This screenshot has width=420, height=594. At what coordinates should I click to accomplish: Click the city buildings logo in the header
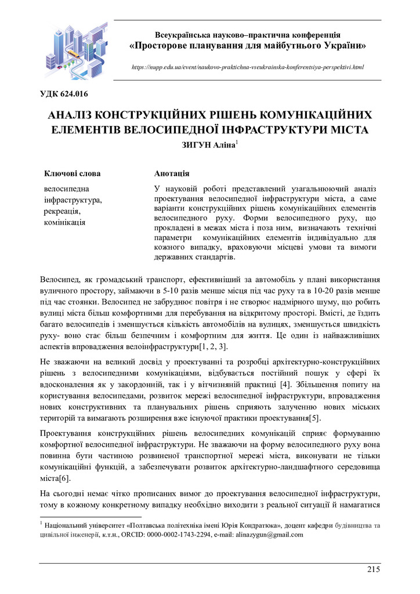pyautogui.click(x=75, y=51)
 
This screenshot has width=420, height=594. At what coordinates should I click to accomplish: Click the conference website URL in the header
pyautogui.click(x=248, y=68)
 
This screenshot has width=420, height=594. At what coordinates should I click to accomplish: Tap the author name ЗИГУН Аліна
pyautogui.click(x=209, y=146)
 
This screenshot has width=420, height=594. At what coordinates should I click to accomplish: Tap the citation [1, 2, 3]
pyautogui.click(x=215, y=346)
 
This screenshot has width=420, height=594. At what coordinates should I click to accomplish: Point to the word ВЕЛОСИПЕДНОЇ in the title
pyautogui.click(x=183, y=129)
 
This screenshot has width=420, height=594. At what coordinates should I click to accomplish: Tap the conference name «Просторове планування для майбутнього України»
pyautogui.click(x=248, y=45)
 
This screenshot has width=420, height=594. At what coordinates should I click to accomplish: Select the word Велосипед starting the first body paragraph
pyautogui.click(x=59, y=280)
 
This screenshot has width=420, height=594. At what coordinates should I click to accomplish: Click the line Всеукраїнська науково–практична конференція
pyautogui.click(x=248, y=35)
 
